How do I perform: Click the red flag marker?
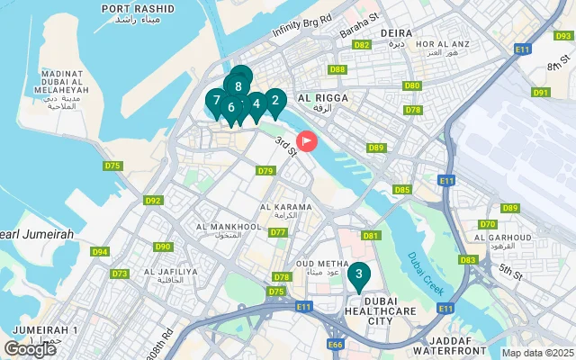(x=307, y=141)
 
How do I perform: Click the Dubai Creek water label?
(x=425, y=273)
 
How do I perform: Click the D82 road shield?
(x=363, y=44)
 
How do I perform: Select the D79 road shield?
(x=265, y=170)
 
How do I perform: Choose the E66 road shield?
(x=336, y=344)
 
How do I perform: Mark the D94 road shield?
(x=100, y=251)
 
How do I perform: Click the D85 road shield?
(x=402, y=189)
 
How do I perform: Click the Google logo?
(x=29, y=349)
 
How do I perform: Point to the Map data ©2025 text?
(x=537, y=353)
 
